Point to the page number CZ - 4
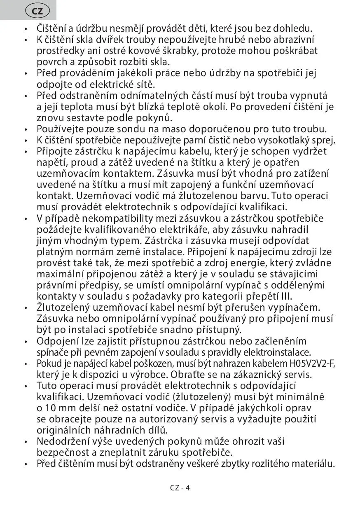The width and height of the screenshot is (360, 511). (x=180, y=488)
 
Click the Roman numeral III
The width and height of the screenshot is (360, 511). (x=286, y=296)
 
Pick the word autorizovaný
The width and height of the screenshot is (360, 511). (x=166, y=419)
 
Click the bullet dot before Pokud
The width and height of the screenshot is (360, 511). (x=26, y=364)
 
